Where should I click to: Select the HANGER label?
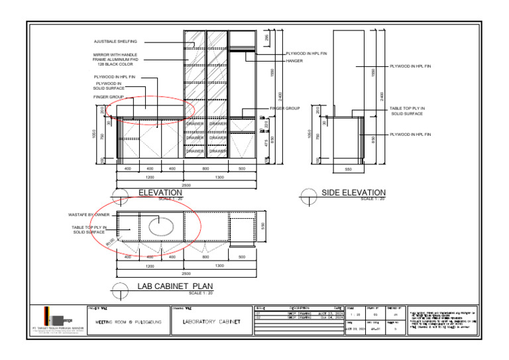[294, 60]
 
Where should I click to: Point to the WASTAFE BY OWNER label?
[89, 215]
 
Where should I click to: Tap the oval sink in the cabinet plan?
[161, 225]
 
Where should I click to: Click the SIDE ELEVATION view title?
[353, 192]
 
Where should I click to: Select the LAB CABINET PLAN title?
[175, 286]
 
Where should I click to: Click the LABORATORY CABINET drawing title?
[211, 322]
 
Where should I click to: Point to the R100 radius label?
[111, 243]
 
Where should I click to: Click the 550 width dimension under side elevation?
[349, 169]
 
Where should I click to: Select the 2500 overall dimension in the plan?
[186, 273]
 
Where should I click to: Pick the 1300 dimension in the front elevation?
[219, 178]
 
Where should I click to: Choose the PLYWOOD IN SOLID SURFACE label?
[109, 86]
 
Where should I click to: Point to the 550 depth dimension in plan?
[263, 225]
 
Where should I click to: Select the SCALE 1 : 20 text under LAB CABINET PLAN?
[201, 292]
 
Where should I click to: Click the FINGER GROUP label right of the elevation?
[285, 108]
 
